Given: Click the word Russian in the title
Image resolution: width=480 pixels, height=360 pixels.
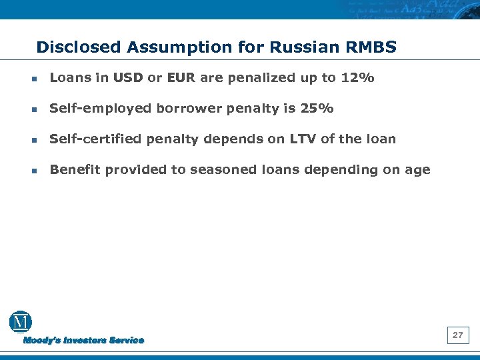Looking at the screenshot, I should point(296,47).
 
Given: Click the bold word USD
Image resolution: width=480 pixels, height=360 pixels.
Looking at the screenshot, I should point(129,78).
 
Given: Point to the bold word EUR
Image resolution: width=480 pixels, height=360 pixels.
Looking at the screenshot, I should point(181,78).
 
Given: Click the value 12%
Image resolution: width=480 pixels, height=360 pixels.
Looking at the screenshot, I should point(357,78).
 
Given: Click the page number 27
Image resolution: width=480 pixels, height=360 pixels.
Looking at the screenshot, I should point(457,335).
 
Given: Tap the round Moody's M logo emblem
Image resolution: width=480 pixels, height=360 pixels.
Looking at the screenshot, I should point(21,323).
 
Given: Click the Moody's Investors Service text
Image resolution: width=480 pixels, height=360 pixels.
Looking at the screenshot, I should point(83,341).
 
